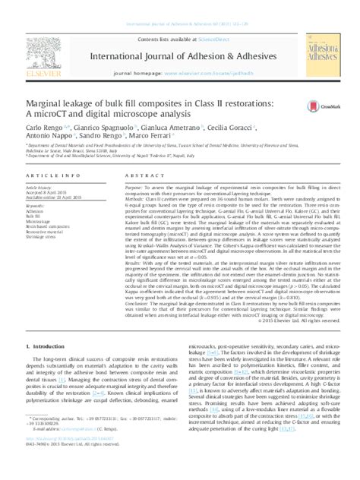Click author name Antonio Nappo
tap(46, 135)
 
